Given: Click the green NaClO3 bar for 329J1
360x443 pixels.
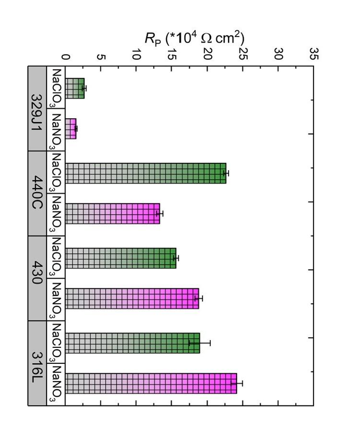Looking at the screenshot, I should click(75, 88).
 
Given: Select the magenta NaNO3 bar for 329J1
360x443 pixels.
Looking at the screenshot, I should click(71, 129).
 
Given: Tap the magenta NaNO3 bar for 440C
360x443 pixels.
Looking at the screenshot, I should click(112, 213).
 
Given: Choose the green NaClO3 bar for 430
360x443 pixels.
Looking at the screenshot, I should click(120, 258).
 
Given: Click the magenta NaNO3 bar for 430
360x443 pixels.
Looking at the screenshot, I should click(132, 298).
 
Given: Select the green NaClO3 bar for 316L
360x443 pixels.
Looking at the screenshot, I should click(132, 343).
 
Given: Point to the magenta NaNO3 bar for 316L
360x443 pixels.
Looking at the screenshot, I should click(151, 383).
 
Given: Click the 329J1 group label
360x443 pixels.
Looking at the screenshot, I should click(37, 109).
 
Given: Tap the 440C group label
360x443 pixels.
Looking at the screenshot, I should click(37, 193).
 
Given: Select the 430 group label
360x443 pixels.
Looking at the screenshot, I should click(37, 278).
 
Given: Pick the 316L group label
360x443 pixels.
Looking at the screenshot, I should click(37, 363).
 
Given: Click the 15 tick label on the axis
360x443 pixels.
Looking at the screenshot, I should click(172, 57).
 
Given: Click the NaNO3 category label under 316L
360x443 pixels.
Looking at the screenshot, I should click(56, 383).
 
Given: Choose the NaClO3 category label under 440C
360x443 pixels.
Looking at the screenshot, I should click(56, 173).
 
